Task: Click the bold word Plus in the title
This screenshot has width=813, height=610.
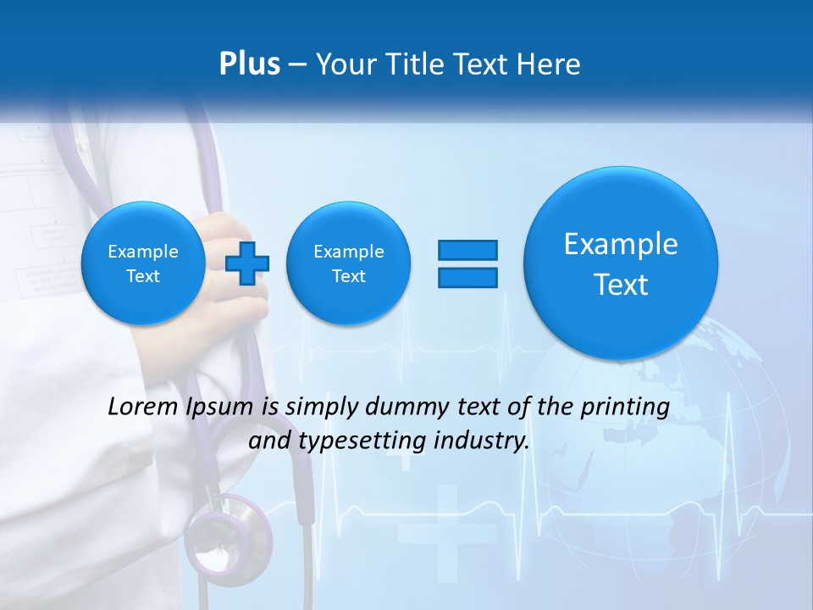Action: click(x=249, y=64)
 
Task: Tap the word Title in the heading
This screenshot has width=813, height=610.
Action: click(x=415, y=64)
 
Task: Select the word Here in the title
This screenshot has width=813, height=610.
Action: click(x=551, y=64)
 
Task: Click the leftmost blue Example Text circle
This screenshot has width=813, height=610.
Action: click(x=142, y=263)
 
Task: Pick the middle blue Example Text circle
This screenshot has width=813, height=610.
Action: click(x=348, y=263)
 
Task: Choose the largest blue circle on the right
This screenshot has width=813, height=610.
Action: click(x=621, y=263)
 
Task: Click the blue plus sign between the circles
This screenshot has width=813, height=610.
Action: click(x=247, y=263)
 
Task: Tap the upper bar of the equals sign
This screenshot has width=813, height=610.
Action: click(x=467, y=250)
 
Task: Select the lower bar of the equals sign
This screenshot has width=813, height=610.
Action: click(x=467, y=277)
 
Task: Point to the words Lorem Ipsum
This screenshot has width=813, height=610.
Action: click(x=180, y=408)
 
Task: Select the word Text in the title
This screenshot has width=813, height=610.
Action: click(x=482, y=64)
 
